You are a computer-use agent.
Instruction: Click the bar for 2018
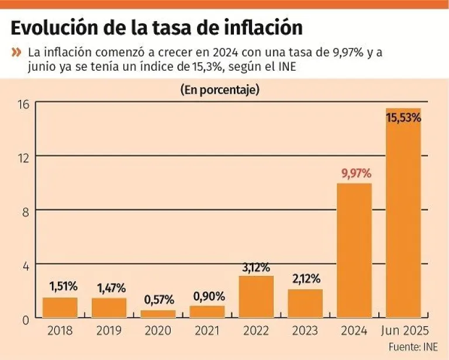60,307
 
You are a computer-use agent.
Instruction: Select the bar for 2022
256,297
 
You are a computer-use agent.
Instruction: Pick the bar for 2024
354,251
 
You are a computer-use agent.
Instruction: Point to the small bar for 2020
158,314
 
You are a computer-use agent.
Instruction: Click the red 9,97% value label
355,174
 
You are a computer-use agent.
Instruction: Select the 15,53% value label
403,117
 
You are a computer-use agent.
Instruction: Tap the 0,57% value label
158,300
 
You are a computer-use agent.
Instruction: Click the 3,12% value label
256,267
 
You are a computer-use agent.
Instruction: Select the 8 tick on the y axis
26,211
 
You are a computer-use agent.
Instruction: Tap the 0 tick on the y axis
26,320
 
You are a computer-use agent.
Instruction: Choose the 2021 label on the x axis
207,331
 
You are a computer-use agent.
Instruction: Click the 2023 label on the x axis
305,331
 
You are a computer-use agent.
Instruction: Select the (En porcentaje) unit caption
220,90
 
